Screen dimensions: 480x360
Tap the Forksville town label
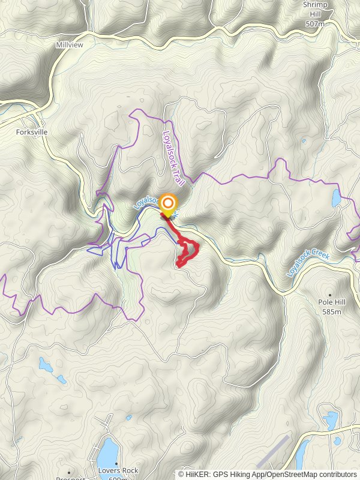click(x=32, y=132)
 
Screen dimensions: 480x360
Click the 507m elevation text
click(x=314, y=23)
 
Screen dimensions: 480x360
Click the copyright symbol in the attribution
click(x=181, y=474)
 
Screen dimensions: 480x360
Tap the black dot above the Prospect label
click(x=70, y=472)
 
